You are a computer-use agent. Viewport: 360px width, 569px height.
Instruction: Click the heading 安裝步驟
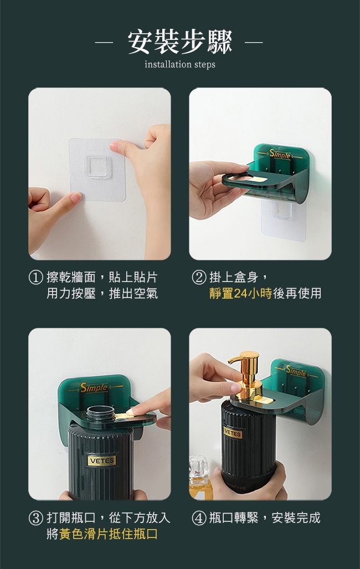[x=180, y=43]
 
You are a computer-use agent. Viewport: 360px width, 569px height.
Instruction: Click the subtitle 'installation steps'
[x=180, y=65]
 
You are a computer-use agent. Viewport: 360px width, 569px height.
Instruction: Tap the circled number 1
[x=35, y=278]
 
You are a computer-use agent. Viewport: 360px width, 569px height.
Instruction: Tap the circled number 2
[x=199, y=278]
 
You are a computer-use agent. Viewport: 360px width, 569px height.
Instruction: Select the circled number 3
[x=35, y=518]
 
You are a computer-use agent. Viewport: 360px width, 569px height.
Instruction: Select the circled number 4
[x=199, y=518]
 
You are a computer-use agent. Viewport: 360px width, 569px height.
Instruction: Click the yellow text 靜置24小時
[x=241, y=293]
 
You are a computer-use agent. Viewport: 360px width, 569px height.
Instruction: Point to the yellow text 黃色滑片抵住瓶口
[x=109, y=534]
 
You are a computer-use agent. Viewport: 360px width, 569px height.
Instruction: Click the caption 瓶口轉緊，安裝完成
[x=265, y=518]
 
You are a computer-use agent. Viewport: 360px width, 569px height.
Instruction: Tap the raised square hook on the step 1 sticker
[x=96, y=167]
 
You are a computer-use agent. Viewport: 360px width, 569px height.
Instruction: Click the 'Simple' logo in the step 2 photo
[x=280, y=155]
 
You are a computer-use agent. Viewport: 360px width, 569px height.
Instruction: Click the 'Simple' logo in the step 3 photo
[x=94, y=388]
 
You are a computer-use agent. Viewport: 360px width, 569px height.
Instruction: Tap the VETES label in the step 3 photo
[x=102, y=461]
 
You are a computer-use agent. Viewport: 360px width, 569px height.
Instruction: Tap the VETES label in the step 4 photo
[x=233, y=433]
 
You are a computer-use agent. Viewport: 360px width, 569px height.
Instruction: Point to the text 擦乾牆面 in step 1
[x=71, y=278]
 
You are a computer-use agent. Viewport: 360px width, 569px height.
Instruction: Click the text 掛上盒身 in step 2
[x=234, y=278]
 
